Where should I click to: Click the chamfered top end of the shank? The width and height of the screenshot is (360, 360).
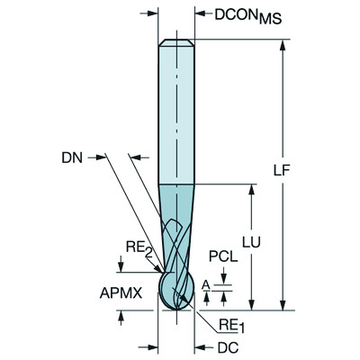[x=176, y=41]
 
